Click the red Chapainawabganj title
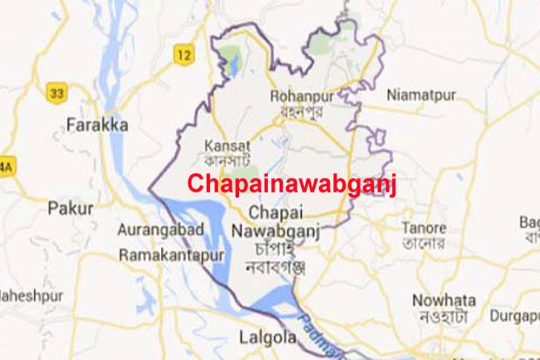(x=292, y=183)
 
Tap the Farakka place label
(x=97, y=125)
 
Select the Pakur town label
(x=71, y=209)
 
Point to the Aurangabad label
(x=161, y=230)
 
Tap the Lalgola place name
(x=268, y=337)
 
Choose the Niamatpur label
(x=421, y=95)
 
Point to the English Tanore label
(x=424, y=228)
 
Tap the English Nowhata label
(x=444, y=301)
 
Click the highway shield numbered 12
(x=184, y=56)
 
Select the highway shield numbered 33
(x=56, y=92)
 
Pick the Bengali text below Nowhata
(x=445, y=317)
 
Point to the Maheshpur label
(x=30, y=296)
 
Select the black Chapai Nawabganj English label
(x=276, y=221)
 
